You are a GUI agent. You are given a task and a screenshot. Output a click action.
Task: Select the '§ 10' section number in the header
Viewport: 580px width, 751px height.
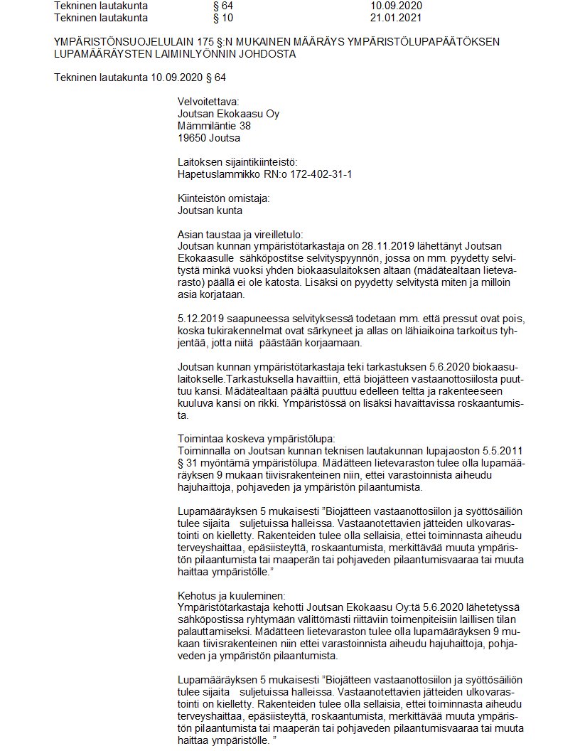[213, 17]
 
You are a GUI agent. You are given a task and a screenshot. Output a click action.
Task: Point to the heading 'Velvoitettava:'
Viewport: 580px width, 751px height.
[208, 102]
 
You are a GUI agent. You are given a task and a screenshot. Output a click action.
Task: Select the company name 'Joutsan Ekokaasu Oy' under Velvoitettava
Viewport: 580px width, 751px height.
[228, 114]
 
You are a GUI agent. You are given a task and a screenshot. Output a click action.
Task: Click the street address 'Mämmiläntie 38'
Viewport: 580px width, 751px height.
[214, 126]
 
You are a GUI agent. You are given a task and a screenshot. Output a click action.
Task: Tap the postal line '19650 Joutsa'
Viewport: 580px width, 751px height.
[208, 138]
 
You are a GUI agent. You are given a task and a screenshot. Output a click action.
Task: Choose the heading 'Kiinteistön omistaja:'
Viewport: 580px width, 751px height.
[223, 198]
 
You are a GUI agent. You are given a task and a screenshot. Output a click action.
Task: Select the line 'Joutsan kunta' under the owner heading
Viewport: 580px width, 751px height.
[210, 211]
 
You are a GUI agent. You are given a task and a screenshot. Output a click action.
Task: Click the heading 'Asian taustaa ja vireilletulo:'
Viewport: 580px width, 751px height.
[240, 234]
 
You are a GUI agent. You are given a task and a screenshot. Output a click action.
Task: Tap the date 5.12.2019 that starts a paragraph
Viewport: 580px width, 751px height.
[200, 319]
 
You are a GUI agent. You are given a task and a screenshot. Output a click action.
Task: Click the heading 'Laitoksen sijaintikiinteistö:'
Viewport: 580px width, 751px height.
[237, 162]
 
